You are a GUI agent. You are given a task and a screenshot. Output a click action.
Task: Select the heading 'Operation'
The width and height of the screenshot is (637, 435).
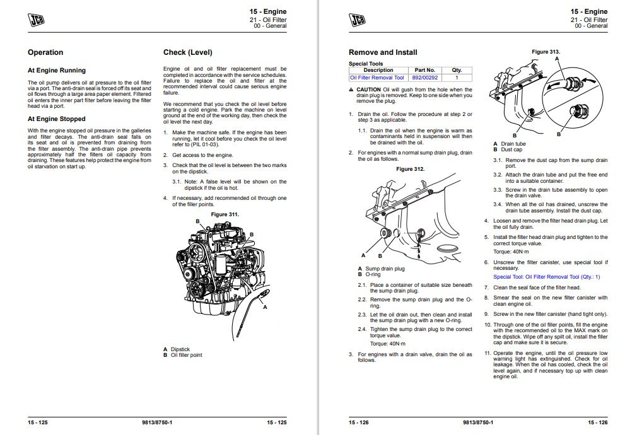tap(45, 52)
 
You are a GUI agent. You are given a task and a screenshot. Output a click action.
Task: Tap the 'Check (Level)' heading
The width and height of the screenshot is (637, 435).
tap(187, 52)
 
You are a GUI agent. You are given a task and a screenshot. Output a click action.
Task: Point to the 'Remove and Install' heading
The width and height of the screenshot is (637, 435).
tap(382, 52)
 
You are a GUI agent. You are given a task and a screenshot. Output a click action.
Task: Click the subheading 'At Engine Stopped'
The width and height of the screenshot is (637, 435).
tap(56, 119)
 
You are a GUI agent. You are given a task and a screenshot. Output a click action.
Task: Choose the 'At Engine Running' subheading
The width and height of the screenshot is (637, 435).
tap(57, 71)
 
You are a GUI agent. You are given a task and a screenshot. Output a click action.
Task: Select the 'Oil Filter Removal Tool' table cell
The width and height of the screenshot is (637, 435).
tap(377, 78)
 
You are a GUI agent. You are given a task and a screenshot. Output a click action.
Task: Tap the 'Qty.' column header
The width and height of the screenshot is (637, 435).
tap(457, 70)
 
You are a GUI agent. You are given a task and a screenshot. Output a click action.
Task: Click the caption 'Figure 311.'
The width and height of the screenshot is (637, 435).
tap(225, 214)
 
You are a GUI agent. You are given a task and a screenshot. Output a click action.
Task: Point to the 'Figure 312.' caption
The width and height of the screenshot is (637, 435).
tap(411, 169)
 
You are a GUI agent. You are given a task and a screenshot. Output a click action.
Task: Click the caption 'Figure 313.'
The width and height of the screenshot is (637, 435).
tap(546, 52)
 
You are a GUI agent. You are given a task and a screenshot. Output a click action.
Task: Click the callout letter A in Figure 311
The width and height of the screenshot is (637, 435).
tap(264, 306)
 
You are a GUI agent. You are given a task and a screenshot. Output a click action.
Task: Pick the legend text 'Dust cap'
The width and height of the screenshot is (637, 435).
tap(511, 149)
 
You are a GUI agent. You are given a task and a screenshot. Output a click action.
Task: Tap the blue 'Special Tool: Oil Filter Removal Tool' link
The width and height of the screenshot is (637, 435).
tap(546, 277)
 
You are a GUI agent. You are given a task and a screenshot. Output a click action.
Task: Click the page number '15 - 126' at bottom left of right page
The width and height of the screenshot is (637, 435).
tap(358, 422)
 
